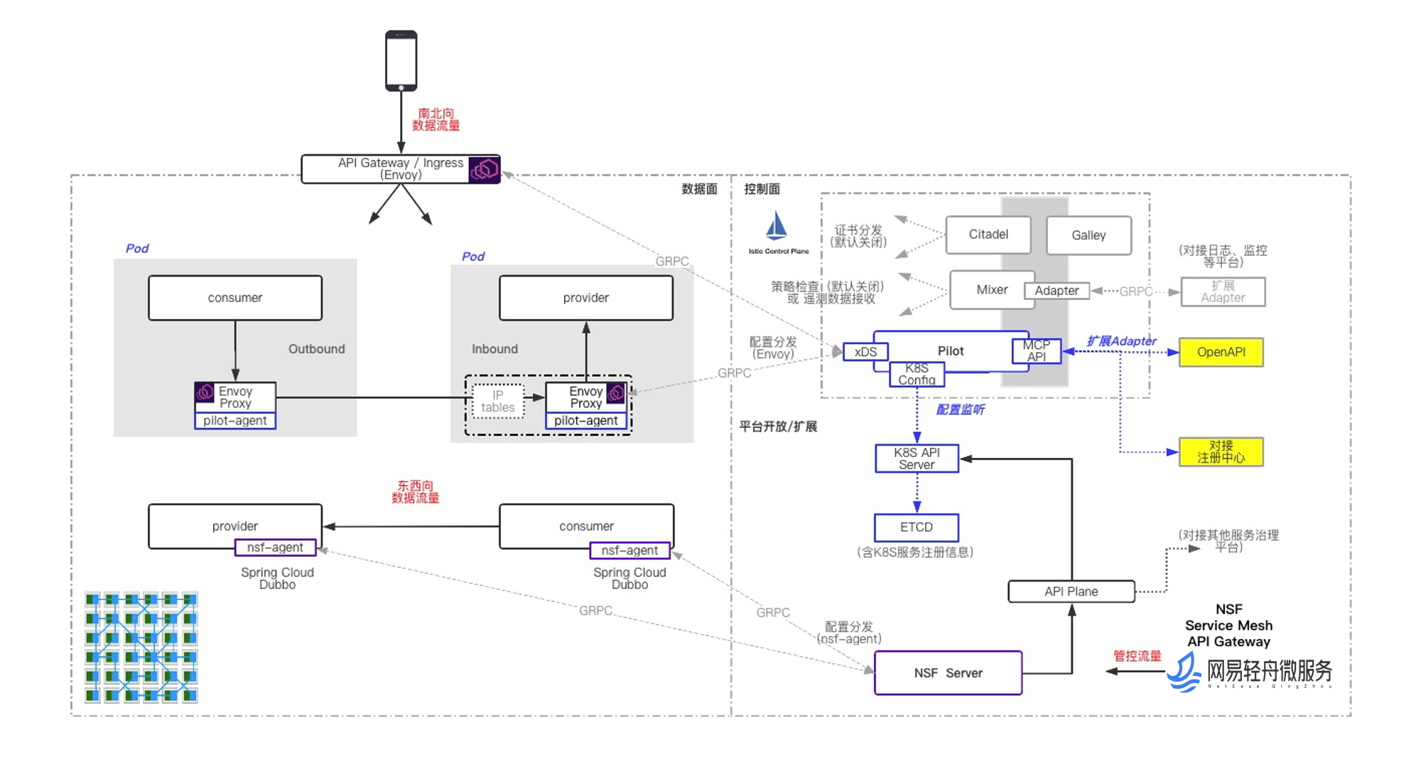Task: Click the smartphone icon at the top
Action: coord(401,60)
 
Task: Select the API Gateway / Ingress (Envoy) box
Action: coord(400,169)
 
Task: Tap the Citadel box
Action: coord(988,235)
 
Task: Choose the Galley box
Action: coord(1088,235)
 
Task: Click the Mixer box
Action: coord(991,290)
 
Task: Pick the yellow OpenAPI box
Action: coord(1221,352)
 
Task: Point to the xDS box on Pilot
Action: coord(865,352)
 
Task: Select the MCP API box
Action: coord(1036,351)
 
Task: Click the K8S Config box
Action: coord(917,375)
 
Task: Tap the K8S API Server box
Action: coord(917,458)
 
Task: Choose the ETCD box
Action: coord(916,527)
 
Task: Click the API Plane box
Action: coord(1071,591)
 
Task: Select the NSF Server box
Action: coord(948,673)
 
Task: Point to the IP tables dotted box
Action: coord(497,402)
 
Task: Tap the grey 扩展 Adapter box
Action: coord(1223,291)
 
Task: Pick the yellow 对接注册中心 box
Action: coord(1221,452)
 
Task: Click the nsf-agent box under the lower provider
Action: coord(275,547)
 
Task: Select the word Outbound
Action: coord(316,349)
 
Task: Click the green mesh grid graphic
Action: coord(141,647)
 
